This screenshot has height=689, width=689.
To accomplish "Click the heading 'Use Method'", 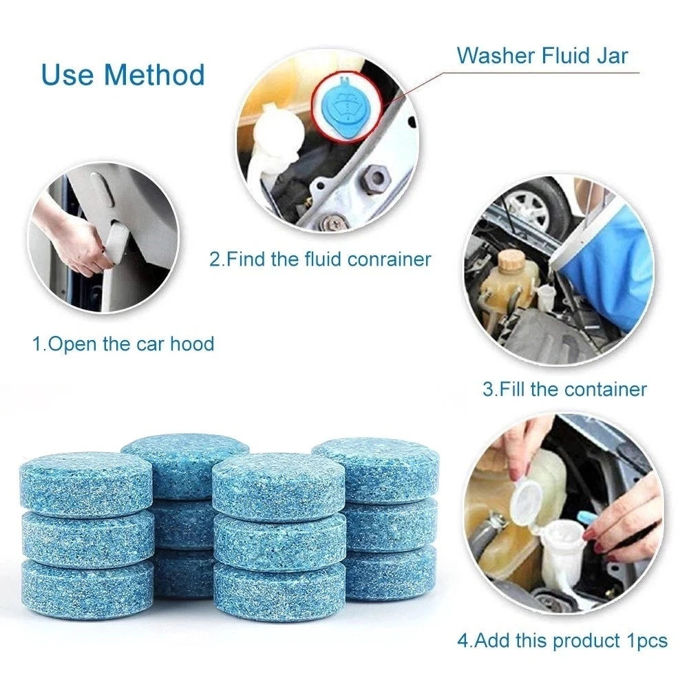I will (x=123, y=74).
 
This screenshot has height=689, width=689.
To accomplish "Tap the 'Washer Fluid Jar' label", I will (x=542, y=55).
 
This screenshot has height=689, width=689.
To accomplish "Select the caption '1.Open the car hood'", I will (x=123, y=343).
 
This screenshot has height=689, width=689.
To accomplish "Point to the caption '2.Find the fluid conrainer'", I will (x=320, y=259).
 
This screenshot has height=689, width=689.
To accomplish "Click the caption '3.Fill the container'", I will (x=564, y=389).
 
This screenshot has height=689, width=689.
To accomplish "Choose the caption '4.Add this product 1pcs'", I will (x=562, y=640).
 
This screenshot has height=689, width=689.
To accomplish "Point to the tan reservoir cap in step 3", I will (x=512, y=259).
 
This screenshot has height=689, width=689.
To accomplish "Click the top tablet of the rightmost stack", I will (x=376, y=468).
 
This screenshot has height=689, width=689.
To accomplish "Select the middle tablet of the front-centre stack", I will (x=279, y=540).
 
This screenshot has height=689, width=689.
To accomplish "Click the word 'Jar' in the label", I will (x=611, y=55).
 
